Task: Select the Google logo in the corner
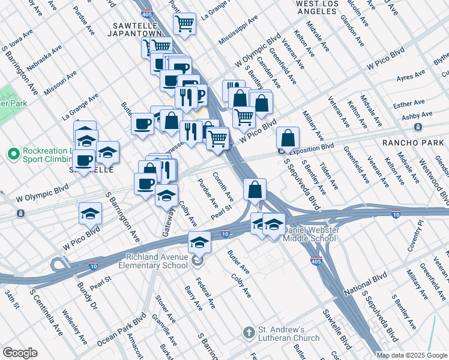click(x=20, y=352)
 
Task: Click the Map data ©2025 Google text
click(x=411, y=355)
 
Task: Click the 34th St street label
click(x=13, y=299)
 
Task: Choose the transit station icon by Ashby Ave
click(x=417, y=127)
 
